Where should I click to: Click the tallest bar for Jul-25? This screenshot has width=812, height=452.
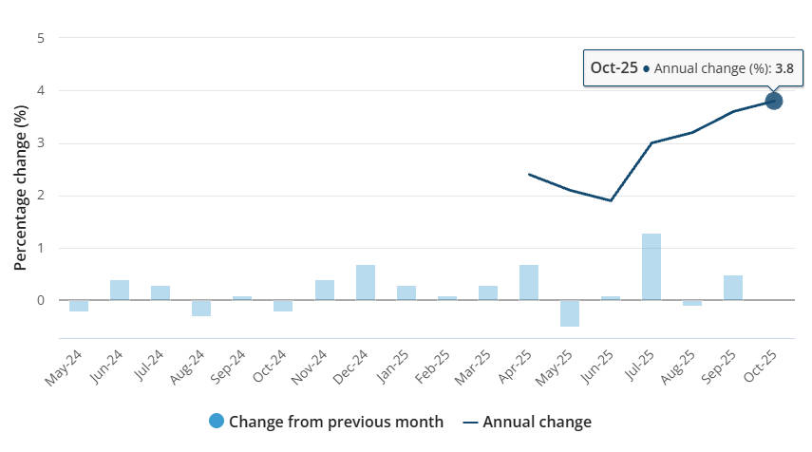pyautogui.click(x=651, y=267)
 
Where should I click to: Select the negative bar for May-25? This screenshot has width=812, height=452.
pyautogui.click(x=569, y=313)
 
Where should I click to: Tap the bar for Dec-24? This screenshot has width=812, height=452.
pyautogui.click(x=365, y=283)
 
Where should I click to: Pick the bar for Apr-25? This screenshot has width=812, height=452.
pyautogui.click(x=528, y=283)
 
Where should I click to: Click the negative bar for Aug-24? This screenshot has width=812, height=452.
pyautogui.click(x=201, y=308)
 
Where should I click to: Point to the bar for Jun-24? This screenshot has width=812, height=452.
pyautogui.click(x=120, y=291)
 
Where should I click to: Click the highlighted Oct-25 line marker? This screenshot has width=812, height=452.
pyautogui.click(x=773, y=101)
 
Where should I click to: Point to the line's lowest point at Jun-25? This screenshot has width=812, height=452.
pyautogui.click(x=610, y=200)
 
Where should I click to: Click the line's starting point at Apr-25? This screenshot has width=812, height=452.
pyautogui.click(x=528, y=174)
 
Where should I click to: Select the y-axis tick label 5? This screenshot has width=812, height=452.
pyautogui.click(x=40, y=38)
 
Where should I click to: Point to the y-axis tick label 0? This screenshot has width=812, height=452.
pyautogui.click(x=40, y=301)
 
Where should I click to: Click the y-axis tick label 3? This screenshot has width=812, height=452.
pyautogui.click(x=40, y=143)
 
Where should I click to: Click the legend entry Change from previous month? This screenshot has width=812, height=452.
pyautogui.click(x=327, y=422)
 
